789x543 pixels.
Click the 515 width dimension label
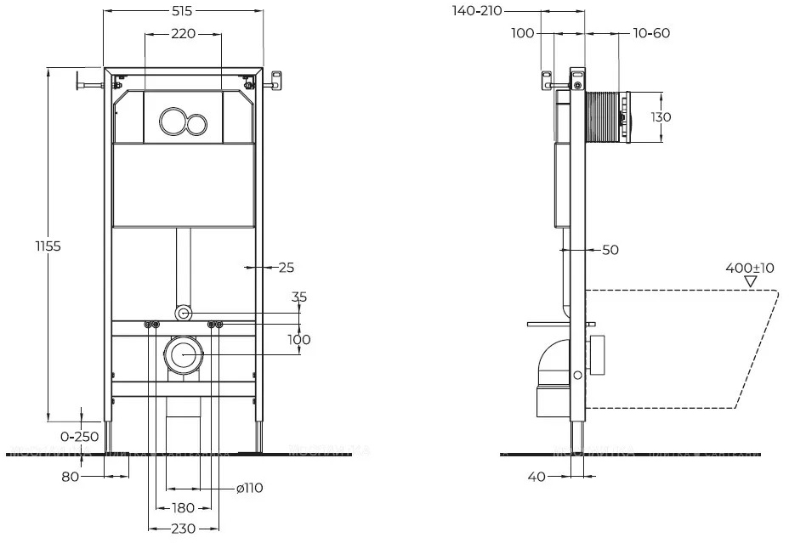183,10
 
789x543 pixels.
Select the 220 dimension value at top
183,34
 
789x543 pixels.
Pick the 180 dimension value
183,507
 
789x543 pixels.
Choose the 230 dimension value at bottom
183,529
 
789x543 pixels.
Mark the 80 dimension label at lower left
70,477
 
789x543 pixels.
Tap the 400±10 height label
749,268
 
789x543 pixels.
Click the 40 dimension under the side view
536,477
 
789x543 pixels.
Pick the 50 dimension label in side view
610,250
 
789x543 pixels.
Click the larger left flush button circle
173,122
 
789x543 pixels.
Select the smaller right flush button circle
197,122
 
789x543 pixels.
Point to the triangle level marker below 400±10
749,281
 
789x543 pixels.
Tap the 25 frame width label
286,267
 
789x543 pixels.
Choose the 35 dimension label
299,297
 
